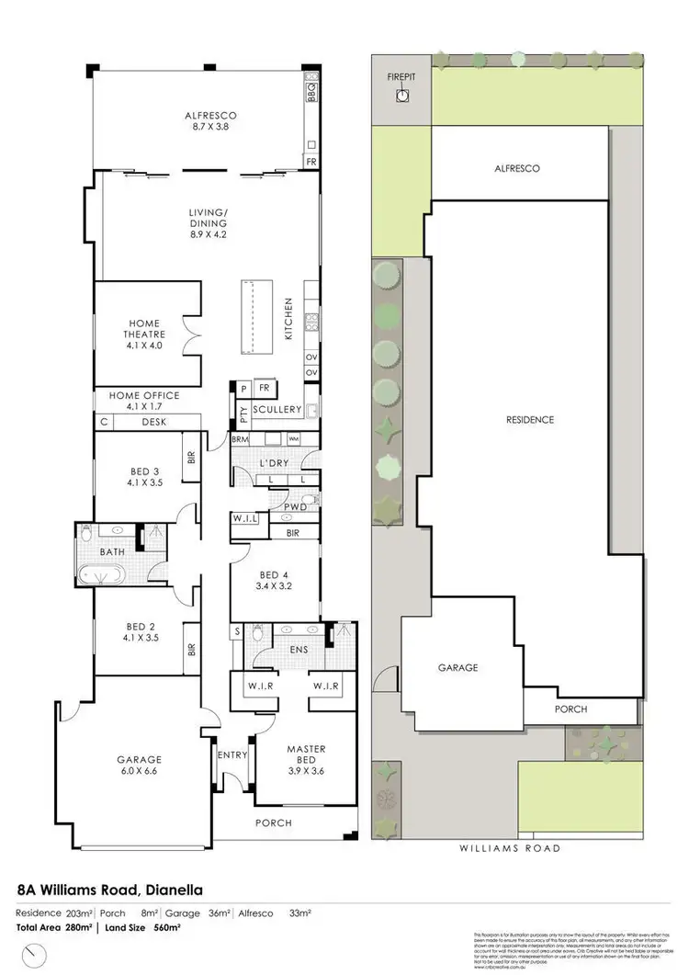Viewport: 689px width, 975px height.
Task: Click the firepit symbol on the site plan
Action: (401, 96)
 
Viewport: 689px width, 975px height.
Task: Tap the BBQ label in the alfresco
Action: (311, 91)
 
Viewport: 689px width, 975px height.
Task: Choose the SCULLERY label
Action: (278, 409)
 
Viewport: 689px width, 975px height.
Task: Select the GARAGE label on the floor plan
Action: (139, 760)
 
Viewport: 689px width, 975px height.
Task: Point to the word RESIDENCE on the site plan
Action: (530, 420)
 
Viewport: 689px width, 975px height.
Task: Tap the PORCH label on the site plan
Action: (570, 709)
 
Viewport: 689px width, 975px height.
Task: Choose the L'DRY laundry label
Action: (275, 460)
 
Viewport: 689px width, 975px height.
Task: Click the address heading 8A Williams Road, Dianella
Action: (110, 890)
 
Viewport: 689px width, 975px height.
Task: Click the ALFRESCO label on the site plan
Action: (516, 169)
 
